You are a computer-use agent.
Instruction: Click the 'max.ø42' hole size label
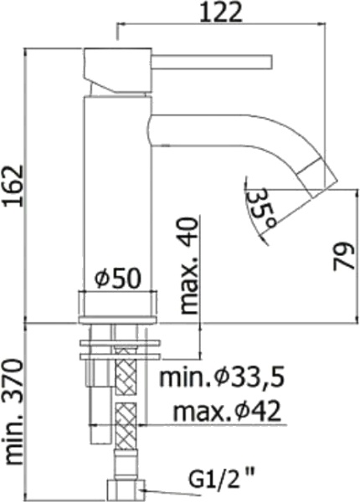point(226,411)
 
